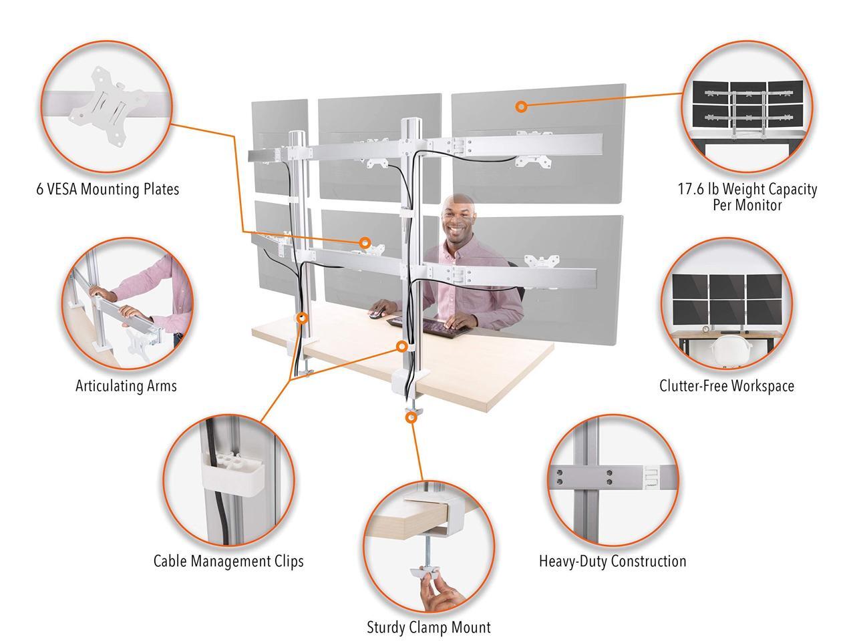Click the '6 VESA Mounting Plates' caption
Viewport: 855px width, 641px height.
click(x=108, y=190)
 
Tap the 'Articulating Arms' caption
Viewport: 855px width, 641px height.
click(x=126, y=386)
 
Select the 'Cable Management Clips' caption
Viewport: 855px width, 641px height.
click(x=228, y=561)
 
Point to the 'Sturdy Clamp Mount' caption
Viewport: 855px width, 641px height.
click(x=428, y=628)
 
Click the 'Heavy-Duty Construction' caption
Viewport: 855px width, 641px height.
click(x=613, y=561)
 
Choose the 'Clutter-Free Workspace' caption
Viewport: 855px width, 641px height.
click(x=727, y=386)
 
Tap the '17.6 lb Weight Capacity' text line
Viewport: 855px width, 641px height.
click(x=747, y=189)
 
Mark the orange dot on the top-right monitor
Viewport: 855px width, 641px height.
click(x=522, y=106)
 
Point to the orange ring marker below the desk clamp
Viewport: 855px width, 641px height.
click(x=411, y=417)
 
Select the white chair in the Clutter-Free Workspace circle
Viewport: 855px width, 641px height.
click(x=727, y=349)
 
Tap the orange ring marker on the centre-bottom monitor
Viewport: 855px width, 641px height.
click(x=365, y=243)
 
